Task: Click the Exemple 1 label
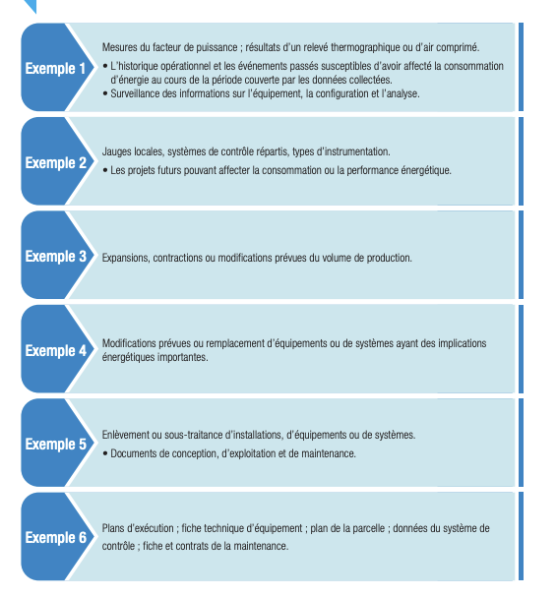[x=56, y=69]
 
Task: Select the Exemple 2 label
[x=56, y=163]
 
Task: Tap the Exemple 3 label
[x=56, y=257]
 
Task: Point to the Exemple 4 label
[x=56, y=351]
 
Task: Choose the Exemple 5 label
[x=56, y=445]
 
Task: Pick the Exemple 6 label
[x=56, y=538]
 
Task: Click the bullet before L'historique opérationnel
[x=105, y=66]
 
